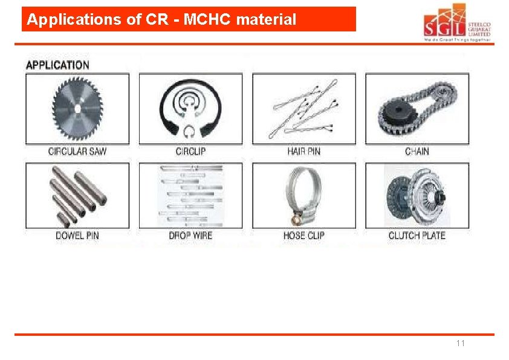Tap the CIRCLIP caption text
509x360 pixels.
pos(190,151)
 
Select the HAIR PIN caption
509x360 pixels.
pos(303,151)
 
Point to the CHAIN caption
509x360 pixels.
pos(417,151)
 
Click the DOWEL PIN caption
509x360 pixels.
pos(77,235)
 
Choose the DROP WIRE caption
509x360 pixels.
pos(190,235)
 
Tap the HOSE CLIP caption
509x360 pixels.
pos(303,235)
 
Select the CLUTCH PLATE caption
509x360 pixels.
pos(417,235)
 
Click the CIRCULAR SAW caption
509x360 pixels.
pos(77,151)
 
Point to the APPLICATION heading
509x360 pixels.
pos(57,65)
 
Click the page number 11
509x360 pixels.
pos(461,344)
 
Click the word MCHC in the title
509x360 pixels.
pos(208,20)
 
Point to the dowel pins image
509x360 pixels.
pos(77,195)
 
